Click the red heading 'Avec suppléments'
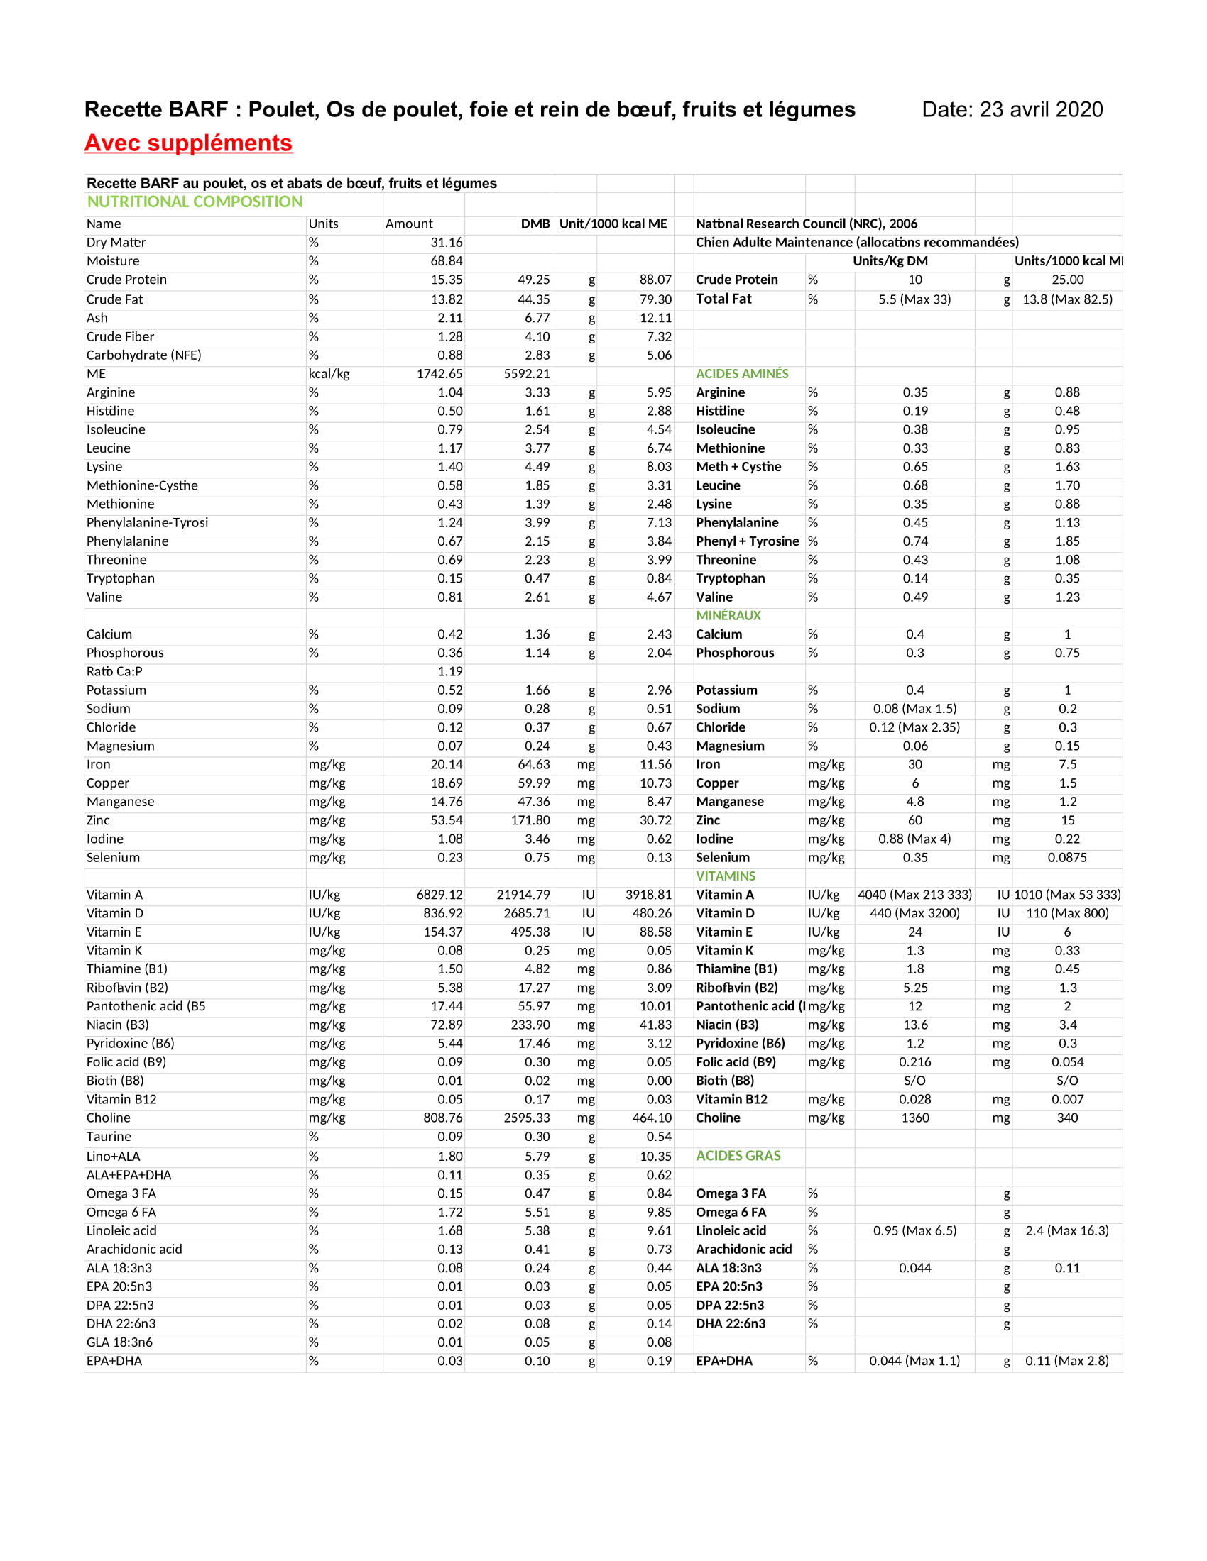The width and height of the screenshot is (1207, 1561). [188, 143]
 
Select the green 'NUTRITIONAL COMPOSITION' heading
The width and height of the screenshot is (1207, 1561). [195, 202]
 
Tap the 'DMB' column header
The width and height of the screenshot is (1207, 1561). [535, 224]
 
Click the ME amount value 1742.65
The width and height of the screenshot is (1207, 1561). [439, 374]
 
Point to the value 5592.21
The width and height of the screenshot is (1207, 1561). [526, 374]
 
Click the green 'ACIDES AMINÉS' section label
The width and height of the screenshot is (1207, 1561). [741, 374]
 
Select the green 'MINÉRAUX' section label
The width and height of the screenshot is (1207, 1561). [728, 615]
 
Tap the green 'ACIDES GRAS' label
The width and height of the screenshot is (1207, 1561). [738, 1156]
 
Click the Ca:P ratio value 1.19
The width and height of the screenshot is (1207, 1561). [449, 671]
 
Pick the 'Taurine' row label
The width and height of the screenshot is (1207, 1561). [109, 1137]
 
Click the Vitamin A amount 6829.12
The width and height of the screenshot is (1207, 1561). [439, 895]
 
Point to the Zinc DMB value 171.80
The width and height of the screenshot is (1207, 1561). [530, 820]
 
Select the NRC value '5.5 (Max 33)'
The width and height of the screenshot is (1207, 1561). [914, 299]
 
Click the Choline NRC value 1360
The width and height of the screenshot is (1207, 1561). [914, 1118]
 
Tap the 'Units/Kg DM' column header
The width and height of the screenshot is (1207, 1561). [890, 261]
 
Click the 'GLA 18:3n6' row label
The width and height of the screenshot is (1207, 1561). [119, 1342]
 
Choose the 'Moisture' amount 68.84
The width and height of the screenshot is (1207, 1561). [446, 261]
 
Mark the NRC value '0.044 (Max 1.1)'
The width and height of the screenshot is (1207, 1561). [914, 1361]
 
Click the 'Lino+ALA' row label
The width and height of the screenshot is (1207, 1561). [113, 1157]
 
